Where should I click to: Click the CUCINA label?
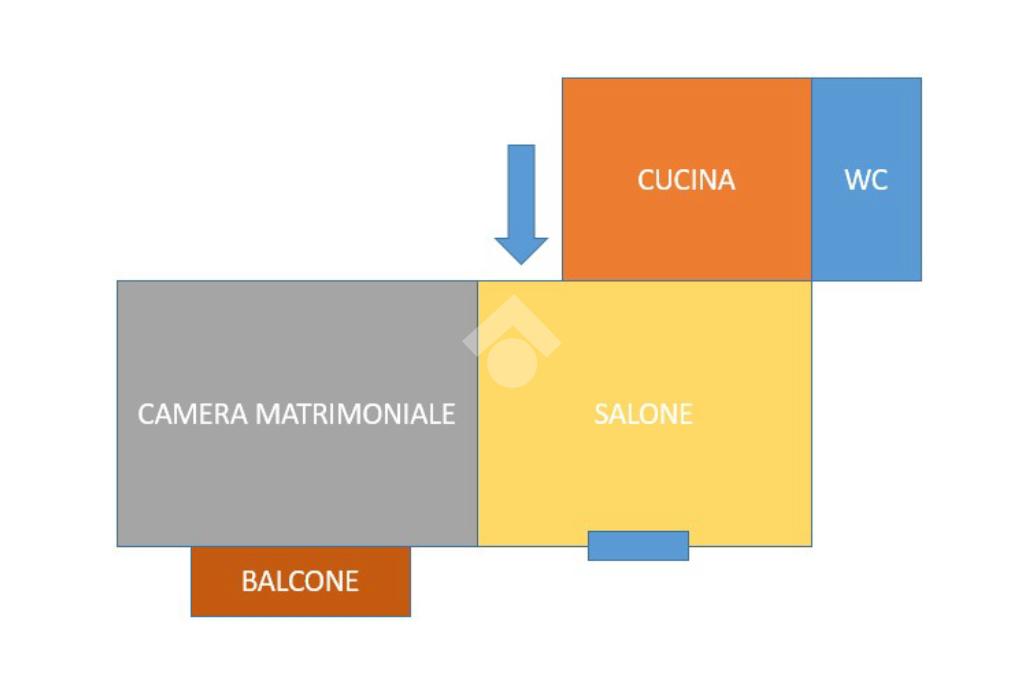[686, 180]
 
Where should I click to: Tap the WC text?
[866, 180]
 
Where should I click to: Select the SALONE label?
[643, 414]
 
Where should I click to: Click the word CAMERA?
[193, 414]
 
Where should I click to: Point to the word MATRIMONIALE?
[355, 414]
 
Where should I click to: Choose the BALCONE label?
[300, 581]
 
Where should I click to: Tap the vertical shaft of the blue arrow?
[521, 191]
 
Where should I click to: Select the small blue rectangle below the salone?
[639, 545]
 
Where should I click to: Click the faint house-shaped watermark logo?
[512, 341]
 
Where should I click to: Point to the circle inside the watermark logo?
[512, 363]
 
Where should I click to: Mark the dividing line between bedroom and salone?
[477, 414]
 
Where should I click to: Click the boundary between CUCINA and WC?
[812, 179]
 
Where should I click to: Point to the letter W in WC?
[857, 180]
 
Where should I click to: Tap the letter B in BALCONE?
[248, 581]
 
